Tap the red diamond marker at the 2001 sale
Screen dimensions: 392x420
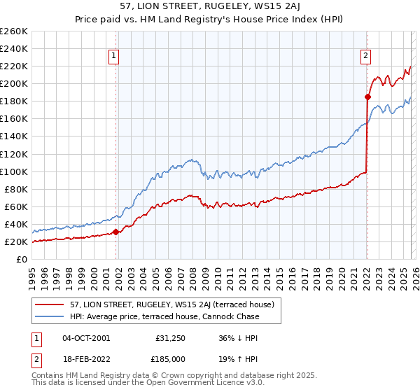pyautogui.click(x=115, y=232)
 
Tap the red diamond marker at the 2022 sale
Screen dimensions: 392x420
pyautogui.click(x=367, y=97)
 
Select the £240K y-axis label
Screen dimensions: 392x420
pyautogui.click(x=14, y=48)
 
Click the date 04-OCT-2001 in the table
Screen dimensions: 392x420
pyautogui.click(x=86, y=337)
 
